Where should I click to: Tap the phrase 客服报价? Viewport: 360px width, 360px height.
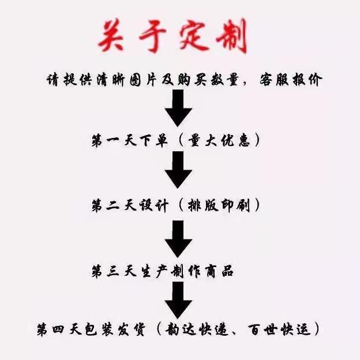coord(287,80)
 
